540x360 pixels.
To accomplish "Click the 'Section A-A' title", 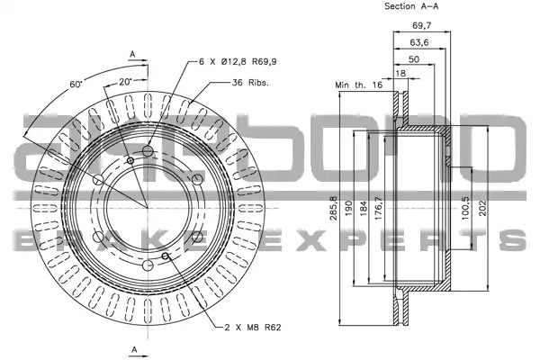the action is pyautogui.click(x=411, y=6).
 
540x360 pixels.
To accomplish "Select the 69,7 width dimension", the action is pyautogui.click(x=422, y=25).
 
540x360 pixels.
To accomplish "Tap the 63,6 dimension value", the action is pyautogui.click(x=419, y=42).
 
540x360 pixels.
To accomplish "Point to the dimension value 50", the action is pyautogui.click(x=414, y=59).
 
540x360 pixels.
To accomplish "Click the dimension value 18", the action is pyautogui.click(x=400, y=74).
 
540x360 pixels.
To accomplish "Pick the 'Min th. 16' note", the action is pyautogui.click(x=359, y=85).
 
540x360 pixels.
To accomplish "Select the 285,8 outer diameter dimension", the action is pyautogui.click(x=334, y=208).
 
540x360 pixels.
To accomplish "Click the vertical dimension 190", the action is pyautogui.click(x=348, y=208).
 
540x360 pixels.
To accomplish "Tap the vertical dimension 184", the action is pyautogui.click(x=364, y=208).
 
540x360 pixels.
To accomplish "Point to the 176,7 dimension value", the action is pyautogui.click(x=378, y=208).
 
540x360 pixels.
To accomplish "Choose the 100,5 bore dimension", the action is pyautogui.click(x=465, y=208).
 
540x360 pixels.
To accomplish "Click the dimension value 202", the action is pyautogui.click(x=482, y=208).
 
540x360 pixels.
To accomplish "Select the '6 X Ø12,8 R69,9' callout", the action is pyautogui.click(x=238, y=62).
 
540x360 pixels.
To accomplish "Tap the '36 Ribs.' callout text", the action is pyautogui.click(x=250, y=83).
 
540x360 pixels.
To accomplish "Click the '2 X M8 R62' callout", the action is pyautogui.click(x=253, y=327).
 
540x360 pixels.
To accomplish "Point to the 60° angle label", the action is pyautogui.click(x=76, y=84).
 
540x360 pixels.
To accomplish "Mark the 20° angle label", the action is pyautogui.click(x=126, y=82).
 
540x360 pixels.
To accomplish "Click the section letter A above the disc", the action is pyautogui.click(x=132, y=54).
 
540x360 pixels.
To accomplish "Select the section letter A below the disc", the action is pyautogui.click(x=134, y=349).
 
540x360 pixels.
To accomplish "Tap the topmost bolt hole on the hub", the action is pyautogui.click(x=148, y=150).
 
